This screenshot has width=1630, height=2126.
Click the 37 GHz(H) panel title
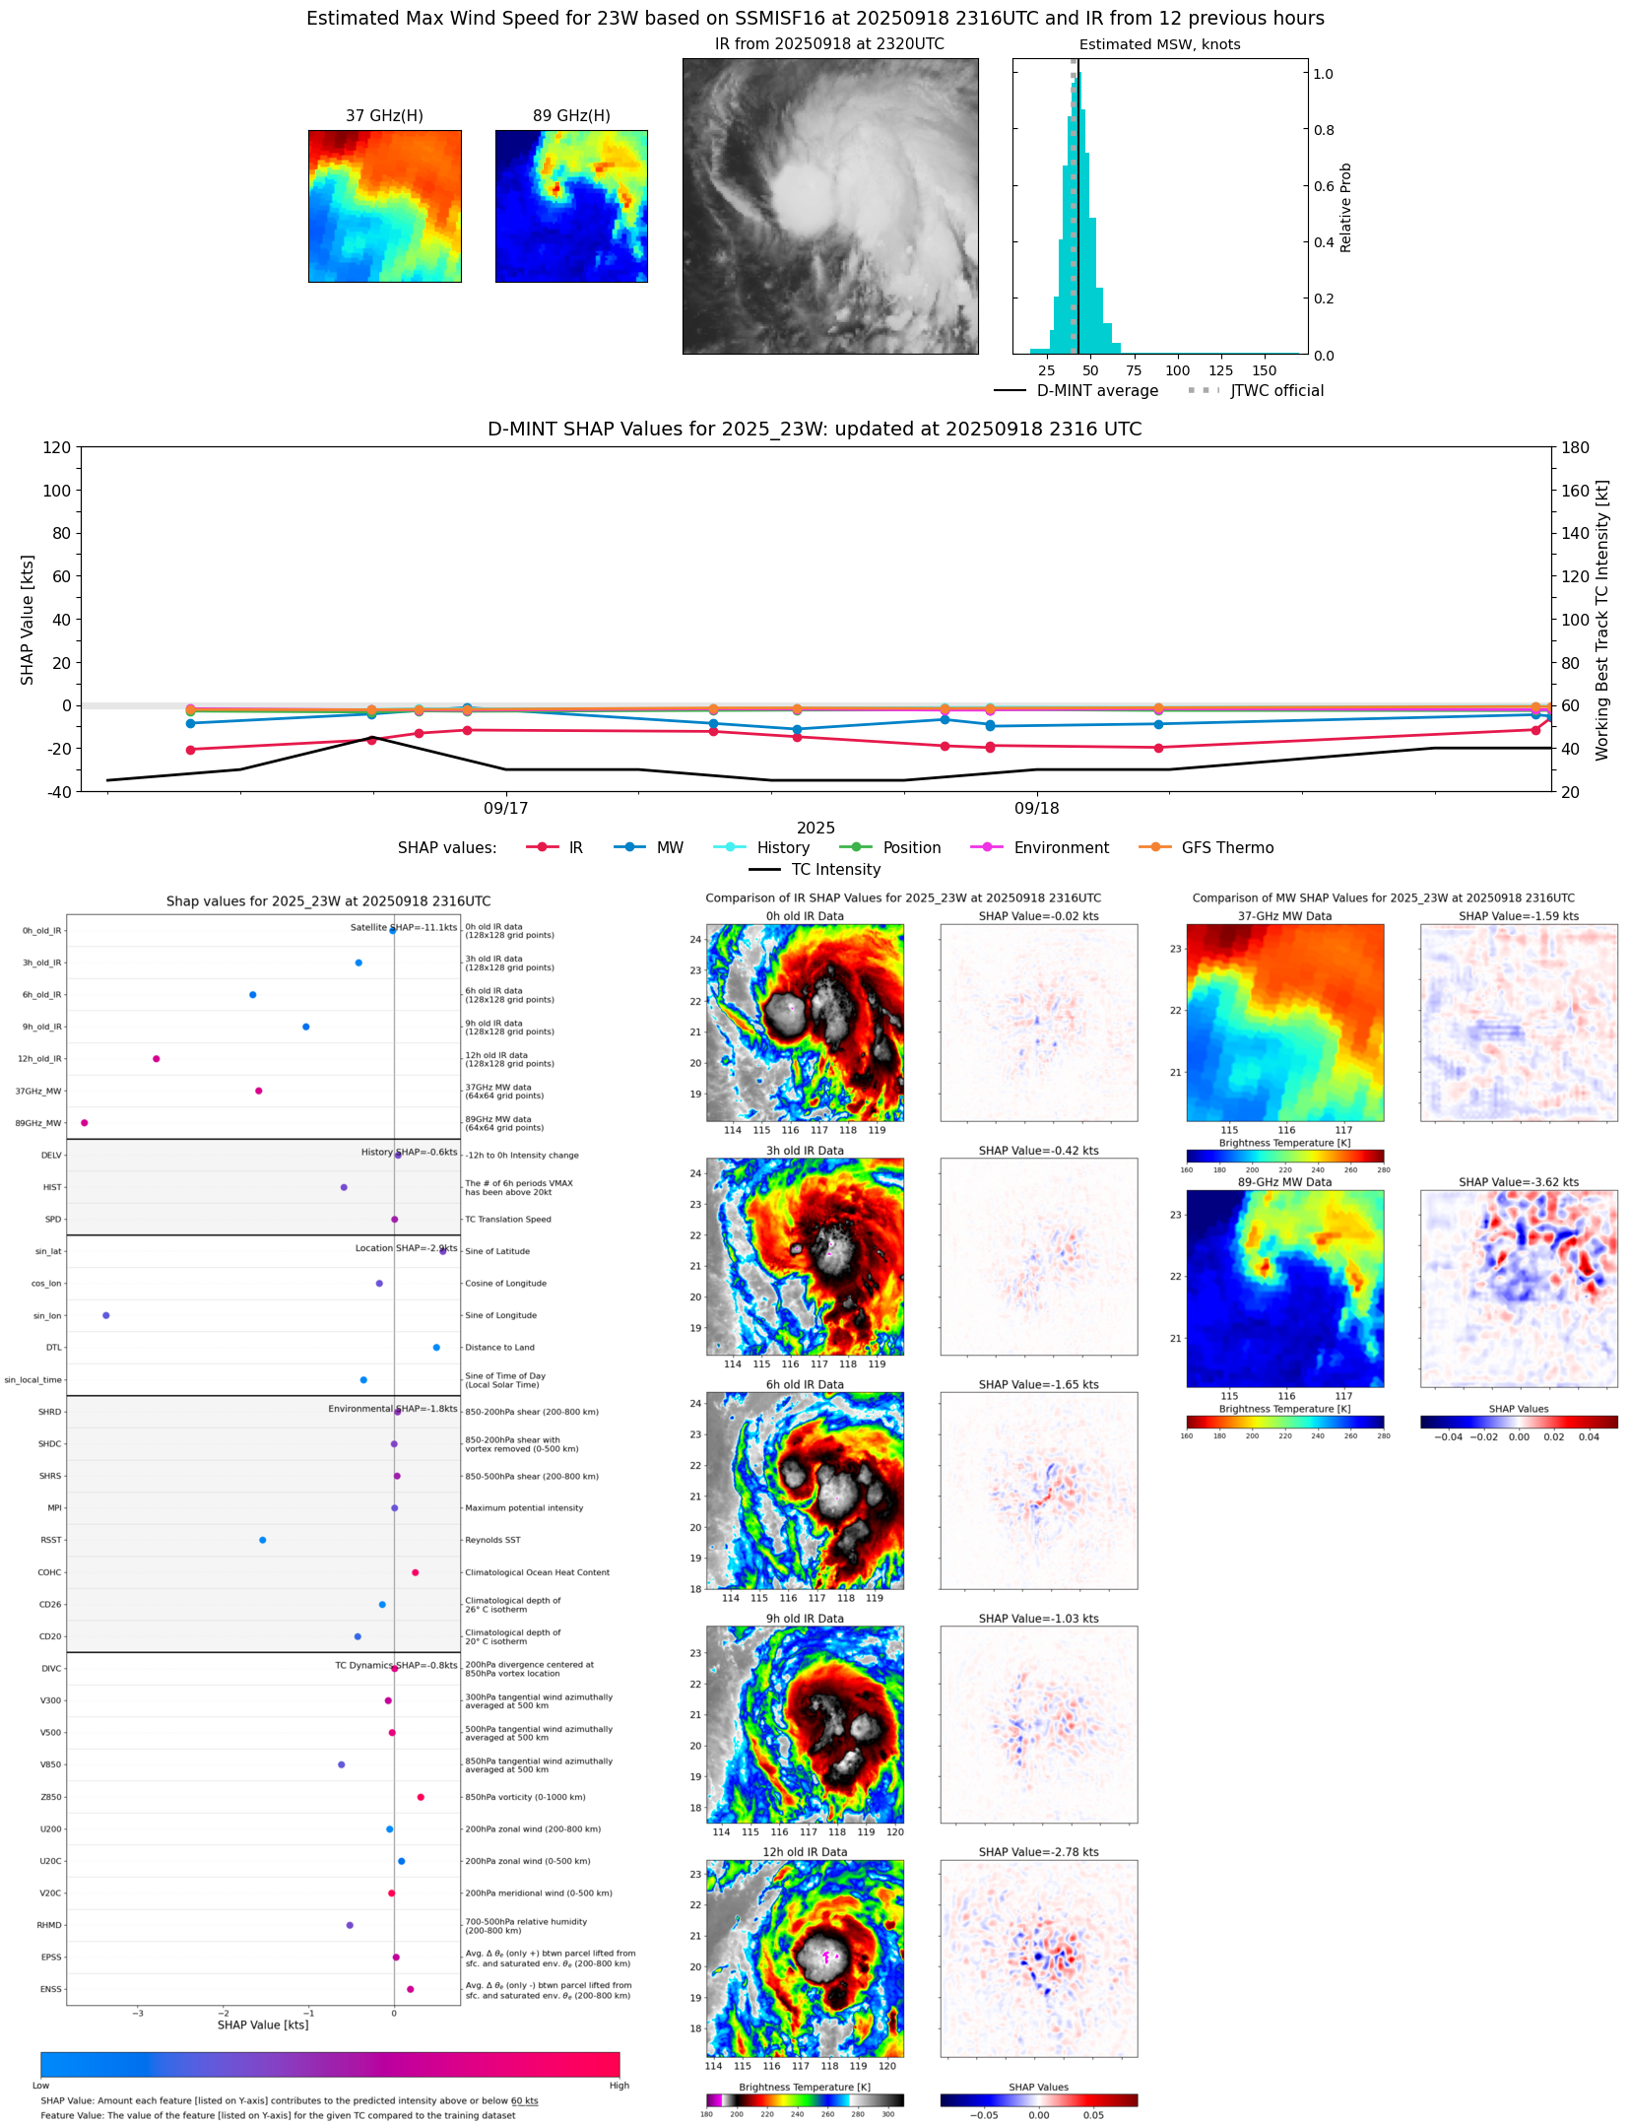click(x=384, y=116)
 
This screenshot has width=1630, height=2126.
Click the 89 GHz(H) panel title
click(x=571, y=116)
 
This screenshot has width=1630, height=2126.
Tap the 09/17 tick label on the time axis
click(x=505, y=809)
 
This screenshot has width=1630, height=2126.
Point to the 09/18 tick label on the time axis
click(x=1037, y=809)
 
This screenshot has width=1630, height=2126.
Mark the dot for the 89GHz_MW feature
click(x=85, y=1123)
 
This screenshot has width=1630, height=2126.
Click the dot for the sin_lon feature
click(x=106, y=1315)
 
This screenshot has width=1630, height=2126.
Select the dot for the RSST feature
click(x=263, y=1540)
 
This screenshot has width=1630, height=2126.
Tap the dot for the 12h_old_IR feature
click(x=157, y=1059)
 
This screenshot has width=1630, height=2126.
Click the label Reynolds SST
click(x=492, y=1540)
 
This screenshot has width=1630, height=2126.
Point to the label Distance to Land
click(x=499, y=1348)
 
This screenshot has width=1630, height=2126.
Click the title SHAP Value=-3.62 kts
click(x=1518, y=1182)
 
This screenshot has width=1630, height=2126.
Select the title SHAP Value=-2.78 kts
click(x=1038, y=1852)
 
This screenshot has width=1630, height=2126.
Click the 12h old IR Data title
click(x=805, y=1852)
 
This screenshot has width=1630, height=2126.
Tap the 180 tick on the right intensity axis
click(x=1575, y=448)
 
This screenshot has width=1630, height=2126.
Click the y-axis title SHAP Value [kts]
click(x=28, y=620)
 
